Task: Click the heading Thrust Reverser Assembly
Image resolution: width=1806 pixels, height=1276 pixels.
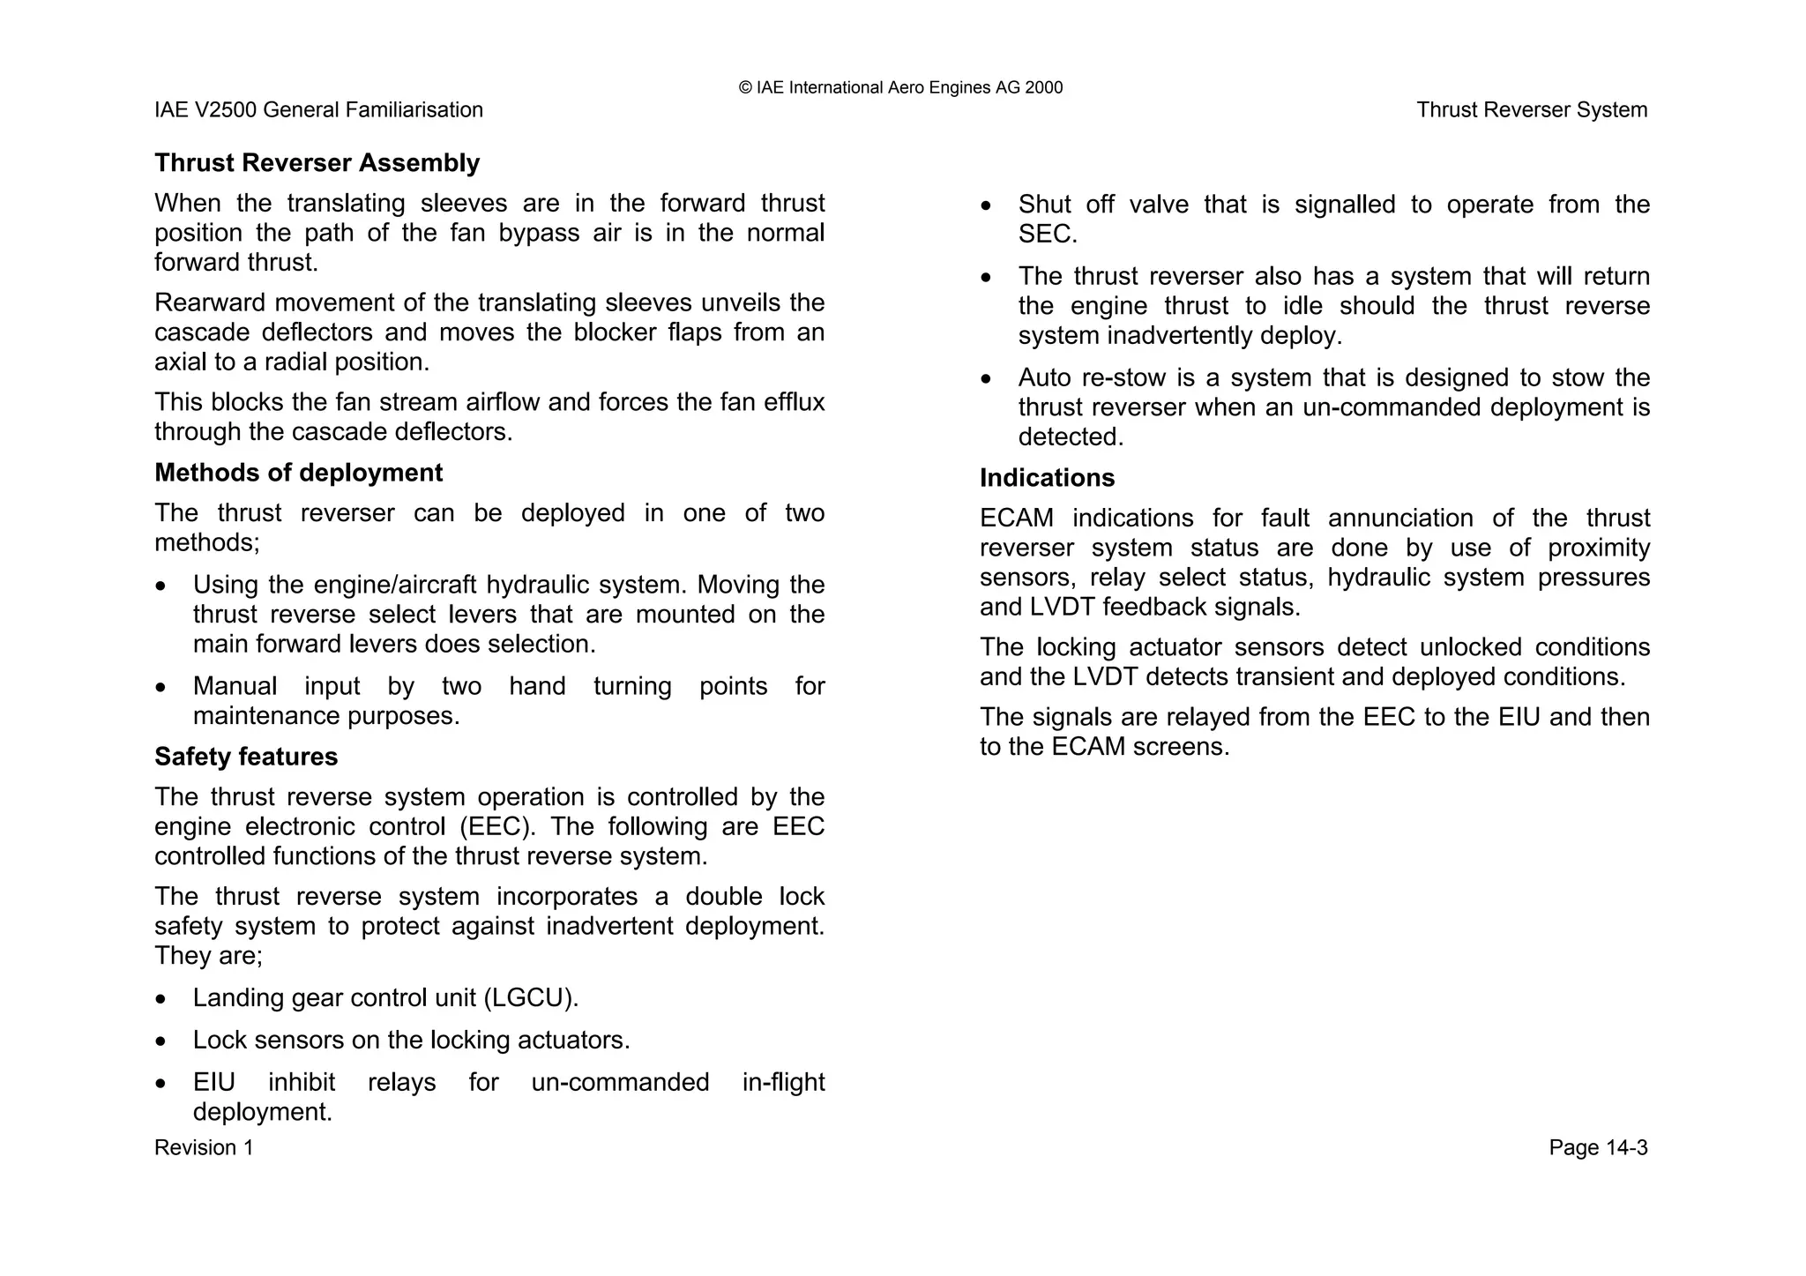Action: coord(317,163)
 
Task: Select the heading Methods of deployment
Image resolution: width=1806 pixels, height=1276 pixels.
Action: coord(298,473)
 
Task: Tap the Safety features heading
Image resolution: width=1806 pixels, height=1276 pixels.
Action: coord(246,757)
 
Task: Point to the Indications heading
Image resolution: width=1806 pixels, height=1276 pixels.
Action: coord(1047,478)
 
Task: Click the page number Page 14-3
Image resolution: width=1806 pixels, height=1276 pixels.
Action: coord(1598,1147)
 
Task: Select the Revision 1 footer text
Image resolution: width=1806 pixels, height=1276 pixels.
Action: coord(204,1147)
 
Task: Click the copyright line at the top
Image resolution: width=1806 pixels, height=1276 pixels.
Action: coord(900,87)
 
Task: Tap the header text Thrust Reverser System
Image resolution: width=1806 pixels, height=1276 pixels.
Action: coord(1532,110)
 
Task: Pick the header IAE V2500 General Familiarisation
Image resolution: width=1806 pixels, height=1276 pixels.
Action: coord(318,110)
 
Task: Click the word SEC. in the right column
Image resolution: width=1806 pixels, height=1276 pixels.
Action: coord(1048,235)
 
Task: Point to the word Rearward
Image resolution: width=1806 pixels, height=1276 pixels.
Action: coord(208,303)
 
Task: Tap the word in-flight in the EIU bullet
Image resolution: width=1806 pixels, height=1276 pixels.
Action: coord(783,1083)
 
